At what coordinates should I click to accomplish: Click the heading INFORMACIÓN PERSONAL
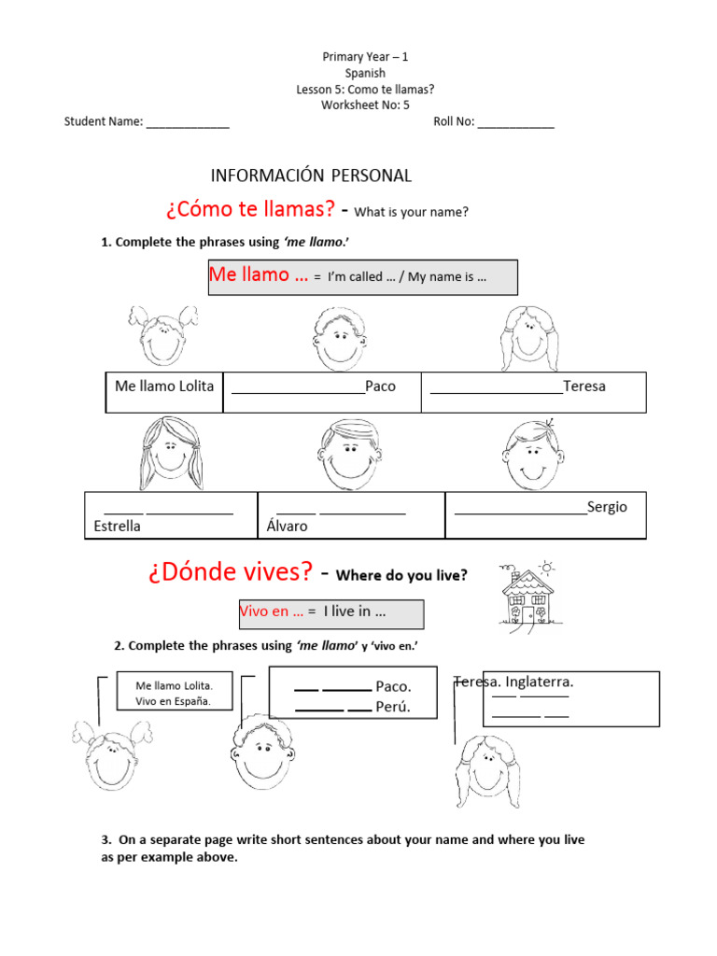point(311,176)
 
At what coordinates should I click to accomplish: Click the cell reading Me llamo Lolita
point(164,387)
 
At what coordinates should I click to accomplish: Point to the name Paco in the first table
point(380,387)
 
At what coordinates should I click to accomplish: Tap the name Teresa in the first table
point(584,387)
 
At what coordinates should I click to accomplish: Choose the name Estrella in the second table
point(118,527)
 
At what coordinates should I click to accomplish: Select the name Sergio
point(607,507)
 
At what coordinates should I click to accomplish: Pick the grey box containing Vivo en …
point(331,613)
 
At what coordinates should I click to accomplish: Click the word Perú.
point(393,707)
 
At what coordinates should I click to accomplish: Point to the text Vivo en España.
point(173,701)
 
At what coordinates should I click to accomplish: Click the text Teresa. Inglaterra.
point(513,682)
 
